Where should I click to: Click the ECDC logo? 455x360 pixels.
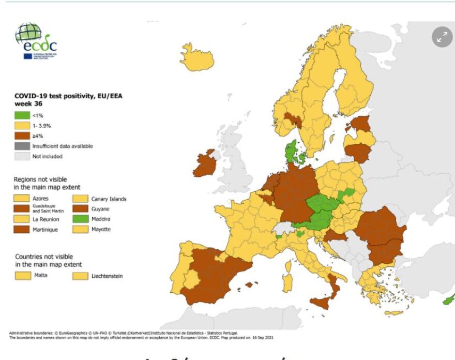pos(36,41)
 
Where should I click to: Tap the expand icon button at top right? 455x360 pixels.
pos(442,37)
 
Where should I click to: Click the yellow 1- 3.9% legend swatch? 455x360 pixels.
pos(22,126)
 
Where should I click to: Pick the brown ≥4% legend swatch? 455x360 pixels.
pos(22,136)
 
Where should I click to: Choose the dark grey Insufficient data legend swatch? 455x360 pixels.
pos(22,146)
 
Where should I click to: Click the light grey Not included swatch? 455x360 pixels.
pos(22,156)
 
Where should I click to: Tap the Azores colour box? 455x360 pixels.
pos(22,199)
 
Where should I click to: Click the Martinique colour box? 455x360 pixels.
pos(22,229)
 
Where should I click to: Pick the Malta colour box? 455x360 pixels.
pos(22,275)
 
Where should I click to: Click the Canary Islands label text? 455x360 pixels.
pos(109,199)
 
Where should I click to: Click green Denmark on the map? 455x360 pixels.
pos(291,151)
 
